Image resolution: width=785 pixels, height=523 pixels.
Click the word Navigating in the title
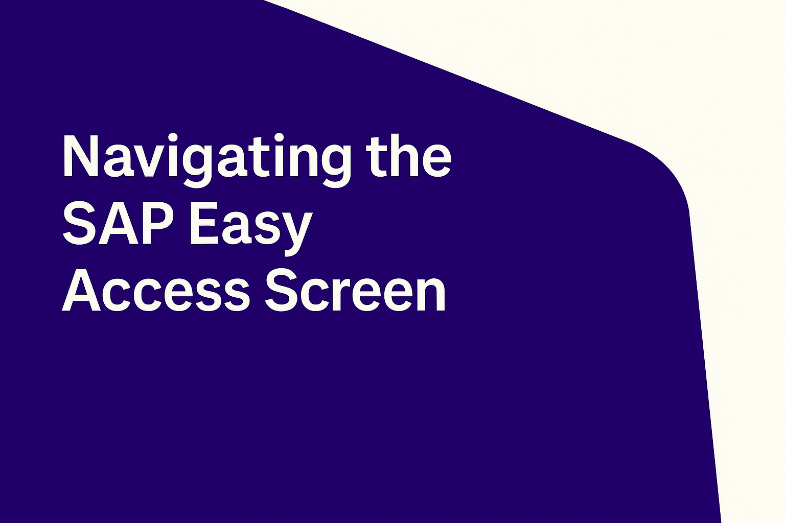click(x=207, y=161)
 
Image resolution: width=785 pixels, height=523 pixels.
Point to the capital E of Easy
click(x=203, y=223)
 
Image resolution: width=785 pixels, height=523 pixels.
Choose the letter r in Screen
click(x=338, y=295)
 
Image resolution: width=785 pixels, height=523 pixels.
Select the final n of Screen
click(x=432, y=295)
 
